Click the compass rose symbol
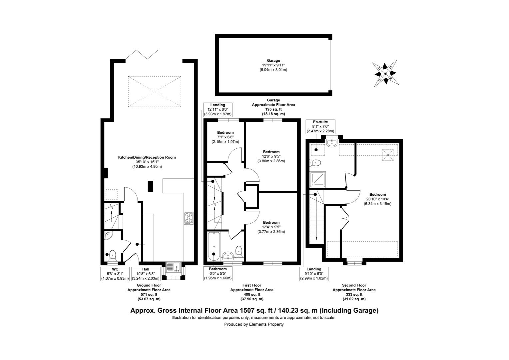(x=385, y=73)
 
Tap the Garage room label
(x=273, y=60)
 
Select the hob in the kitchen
(x=189, y=218)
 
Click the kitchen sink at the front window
(x=173, y=267)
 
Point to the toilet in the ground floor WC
(x=112, y=255)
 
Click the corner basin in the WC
(x=108, y=236)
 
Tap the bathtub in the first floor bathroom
(x=214, y=246)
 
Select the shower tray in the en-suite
(x=318, y=179)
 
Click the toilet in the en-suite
(x=315, y=163)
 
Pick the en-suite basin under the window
(x=332, y=142)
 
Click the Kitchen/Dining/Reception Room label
(x=147, y=157)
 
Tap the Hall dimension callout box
(x=146, y=274)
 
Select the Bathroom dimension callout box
(x=218, y=274)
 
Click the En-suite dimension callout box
(x=320, y=126)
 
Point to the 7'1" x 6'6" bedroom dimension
(x=225, y=137)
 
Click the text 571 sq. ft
(x=149, y=295)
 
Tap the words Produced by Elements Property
(x=254, y=324)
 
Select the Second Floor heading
(x=354, y=285)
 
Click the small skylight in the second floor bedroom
(x=388, y=155)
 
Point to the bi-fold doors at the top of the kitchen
(x=142, y=55)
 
